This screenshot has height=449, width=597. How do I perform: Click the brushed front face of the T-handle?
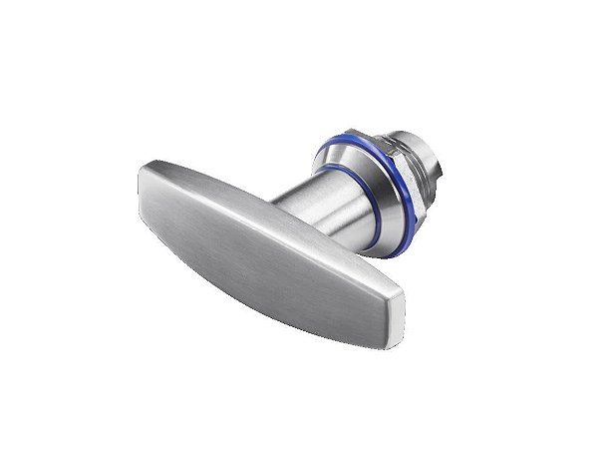click(269, 239)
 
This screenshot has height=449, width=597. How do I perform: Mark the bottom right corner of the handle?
click(393, 330)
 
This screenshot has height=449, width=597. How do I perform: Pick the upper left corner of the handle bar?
click(149, 160)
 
